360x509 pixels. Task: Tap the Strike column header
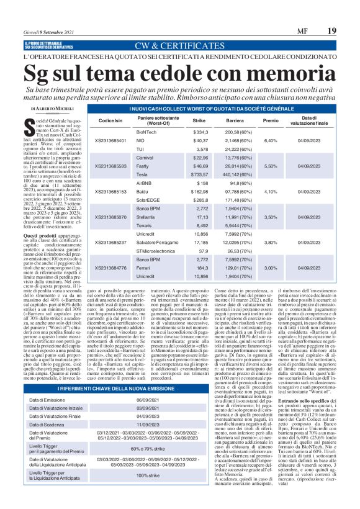[x=199, y=120]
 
